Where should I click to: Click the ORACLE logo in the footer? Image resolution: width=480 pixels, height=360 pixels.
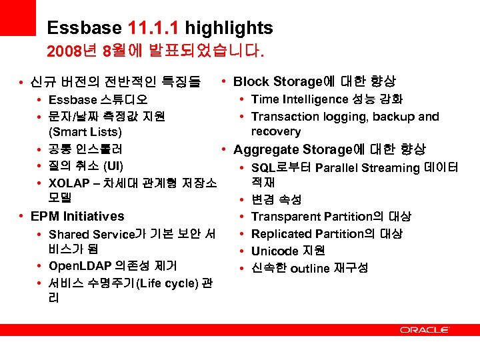425,330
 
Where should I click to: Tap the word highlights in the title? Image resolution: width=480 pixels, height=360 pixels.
229,29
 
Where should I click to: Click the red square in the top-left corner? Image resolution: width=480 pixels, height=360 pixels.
17,17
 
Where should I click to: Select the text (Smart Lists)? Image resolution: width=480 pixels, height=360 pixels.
85,132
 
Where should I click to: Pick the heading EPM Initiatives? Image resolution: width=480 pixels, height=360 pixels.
77,216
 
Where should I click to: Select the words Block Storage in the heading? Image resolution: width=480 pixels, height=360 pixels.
277,82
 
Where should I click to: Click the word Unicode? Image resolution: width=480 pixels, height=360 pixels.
274,251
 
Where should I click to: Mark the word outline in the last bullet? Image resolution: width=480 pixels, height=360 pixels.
311,269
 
